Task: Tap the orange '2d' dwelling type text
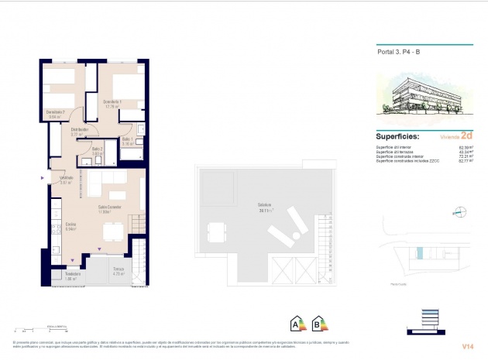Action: tap(466, 134)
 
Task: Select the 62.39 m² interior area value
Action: tap(466, 146)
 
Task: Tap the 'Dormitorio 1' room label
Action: tap(112, 102)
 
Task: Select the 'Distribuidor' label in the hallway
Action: tap(80, 129)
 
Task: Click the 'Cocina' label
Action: tap(70, 225)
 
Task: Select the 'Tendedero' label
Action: tap(73, 274)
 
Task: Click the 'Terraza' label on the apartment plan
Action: tap(118, 269)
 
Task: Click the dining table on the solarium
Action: tap(216, 230)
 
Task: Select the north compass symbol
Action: tap(459, 210)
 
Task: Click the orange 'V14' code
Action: tap(468, 345)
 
